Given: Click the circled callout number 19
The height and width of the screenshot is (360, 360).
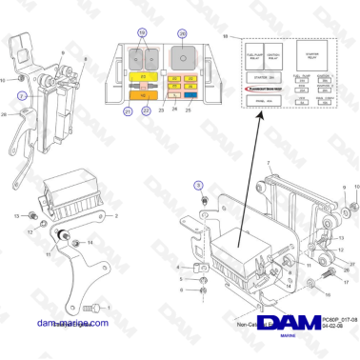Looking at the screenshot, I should (x=144, y=32).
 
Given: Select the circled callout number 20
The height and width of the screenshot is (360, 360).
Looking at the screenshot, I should (x=182, y=32).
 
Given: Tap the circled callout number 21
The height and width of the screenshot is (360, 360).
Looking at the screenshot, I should (x=129, y=111).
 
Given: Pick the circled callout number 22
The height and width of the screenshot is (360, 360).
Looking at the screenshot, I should (x=147, y=111).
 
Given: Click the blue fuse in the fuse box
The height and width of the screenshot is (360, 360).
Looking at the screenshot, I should (x=191, y=96).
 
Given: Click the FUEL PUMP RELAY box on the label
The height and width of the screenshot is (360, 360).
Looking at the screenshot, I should (x=254, y=52).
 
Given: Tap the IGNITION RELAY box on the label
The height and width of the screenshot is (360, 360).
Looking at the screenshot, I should (x=276, y=52).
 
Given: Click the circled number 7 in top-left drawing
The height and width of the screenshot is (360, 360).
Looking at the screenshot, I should (x=22, y=97).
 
